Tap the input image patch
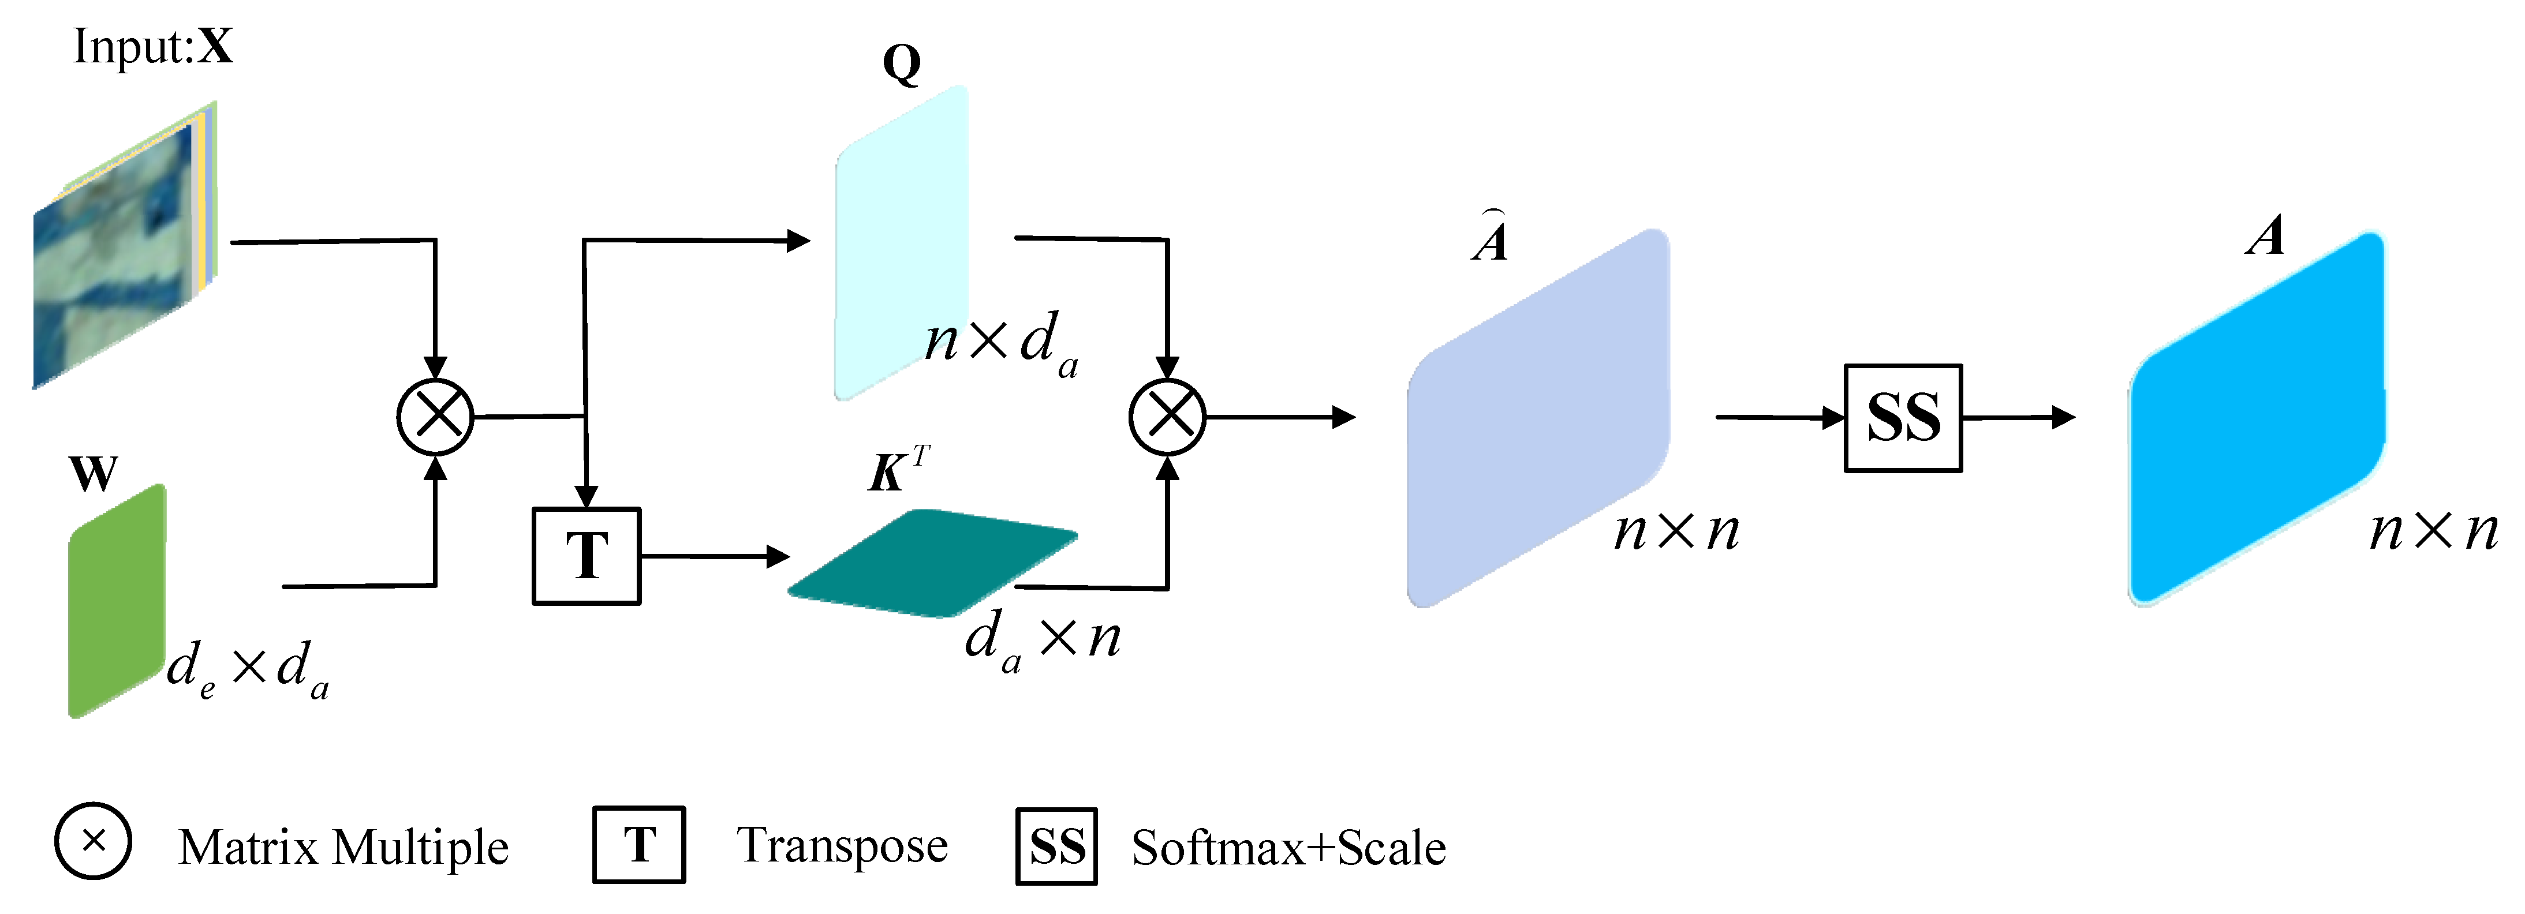pyautogui.click(x=122, y=250)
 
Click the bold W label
pyautogui.click(x=93, y=474)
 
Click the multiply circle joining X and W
pyautogui.click(x=435, y=417)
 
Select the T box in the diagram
pyautogui.click(x=586, y=556)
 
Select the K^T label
pyautogui.click(x=898, y=469)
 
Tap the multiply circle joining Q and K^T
pyautogui.click(x=1167, y=417)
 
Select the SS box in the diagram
pyautogui.click(x=1903, y=418)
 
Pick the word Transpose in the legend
pyautogui.click(x=842, y=845)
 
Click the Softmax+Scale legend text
pyautogui.click(x=1288, y=848)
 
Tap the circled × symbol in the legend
pyautogui.click(x=93, y=841)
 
